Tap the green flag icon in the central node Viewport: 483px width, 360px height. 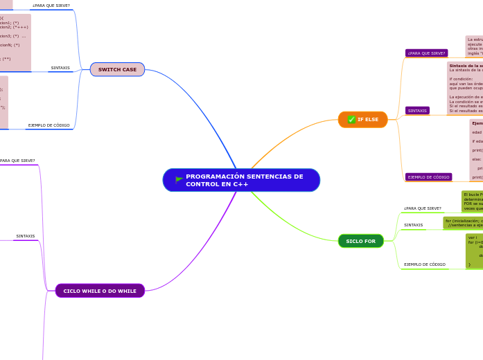tap(179, 179)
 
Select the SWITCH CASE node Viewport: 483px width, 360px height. tap(117, 69)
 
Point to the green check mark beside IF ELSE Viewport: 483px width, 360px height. tap(351, 120)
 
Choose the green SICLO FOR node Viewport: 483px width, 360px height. tap(360, 241)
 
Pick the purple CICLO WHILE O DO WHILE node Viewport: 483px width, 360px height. tap(100, 291)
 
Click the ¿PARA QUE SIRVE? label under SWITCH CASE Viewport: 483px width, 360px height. tap(51, 6)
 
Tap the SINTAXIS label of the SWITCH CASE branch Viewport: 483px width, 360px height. tap(60, 68)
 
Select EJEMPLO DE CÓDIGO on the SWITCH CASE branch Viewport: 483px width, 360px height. tap(49, 125)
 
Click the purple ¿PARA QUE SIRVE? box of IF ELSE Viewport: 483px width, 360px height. tap(426, 53)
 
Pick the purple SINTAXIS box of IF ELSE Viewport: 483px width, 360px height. tap(417, 111)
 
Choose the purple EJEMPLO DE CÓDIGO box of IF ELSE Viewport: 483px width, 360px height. tap(428, 177)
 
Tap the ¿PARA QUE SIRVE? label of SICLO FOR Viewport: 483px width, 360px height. tap(422, 208)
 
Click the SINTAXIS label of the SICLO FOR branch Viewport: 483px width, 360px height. tap(413, 225)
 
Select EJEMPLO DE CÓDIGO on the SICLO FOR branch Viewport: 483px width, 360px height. tap(424, 264)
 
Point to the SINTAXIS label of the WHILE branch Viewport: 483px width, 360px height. tap(26, 236)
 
